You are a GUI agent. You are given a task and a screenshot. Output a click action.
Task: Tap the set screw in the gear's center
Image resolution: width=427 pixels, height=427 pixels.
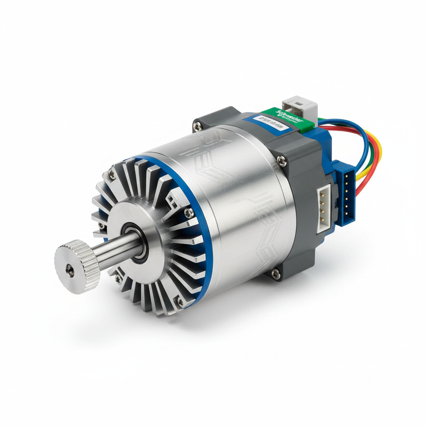pos(71,271)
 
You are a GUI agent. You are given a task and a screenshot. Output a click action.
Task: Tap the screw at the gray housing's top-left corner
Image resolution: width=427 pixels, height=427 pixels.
pos(197,125)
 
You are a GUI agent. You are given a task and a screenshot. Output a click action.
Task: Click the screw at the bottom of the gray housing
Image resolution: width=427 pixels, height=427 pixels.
pos(275,273)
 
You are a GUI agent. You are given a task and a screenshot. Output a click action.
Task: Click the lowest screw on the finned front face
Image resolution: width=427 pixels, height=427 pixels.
pos(180,301)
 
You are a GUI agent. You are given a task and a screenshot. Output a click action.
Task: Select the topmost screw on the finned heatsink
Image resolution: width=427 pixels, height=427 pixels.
pos(112,176)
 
